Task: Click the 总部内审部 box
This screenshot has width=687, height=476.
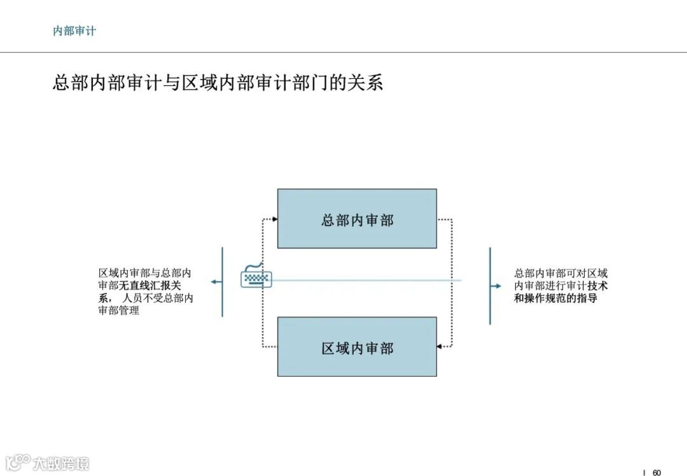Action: pos(357,218)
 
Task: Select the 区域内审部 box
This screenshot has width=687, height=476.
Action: pos(357,347)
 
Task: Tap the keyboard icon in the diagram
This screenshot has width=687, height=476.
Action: pos(256,277)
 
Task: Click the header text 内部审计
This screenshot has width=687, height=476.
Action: pos(74,31)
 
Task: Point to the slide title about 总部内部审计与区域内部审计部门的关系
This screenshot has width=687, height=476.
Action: pos(218,83)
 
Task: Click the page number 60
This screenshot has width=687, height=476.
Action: pos(657,472)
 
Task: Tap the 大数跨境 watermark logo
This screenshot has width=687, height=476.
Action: pos(47,463)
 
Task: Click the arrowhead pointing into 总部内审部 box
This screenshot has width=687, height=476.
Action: pos(275,220)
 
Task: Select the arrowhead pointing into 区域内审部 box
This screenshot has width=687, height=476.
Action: pos(440,347)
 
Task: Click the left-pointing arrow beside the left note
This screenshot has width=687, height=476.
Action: pos(217,281)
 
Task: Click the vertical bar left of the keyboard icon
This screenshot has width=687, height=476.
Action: pos(222,282)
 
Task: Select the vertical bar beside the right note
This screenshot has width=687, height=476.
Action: pos(490,286)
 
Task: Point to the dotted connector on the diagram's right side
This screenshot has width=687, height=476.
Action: pos(451,283)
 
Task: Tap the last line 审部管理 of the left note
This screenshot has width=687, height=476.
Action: pos(119,311)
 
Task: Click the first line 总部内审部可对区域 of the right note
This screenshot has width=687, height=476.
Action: pos(560,273)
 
